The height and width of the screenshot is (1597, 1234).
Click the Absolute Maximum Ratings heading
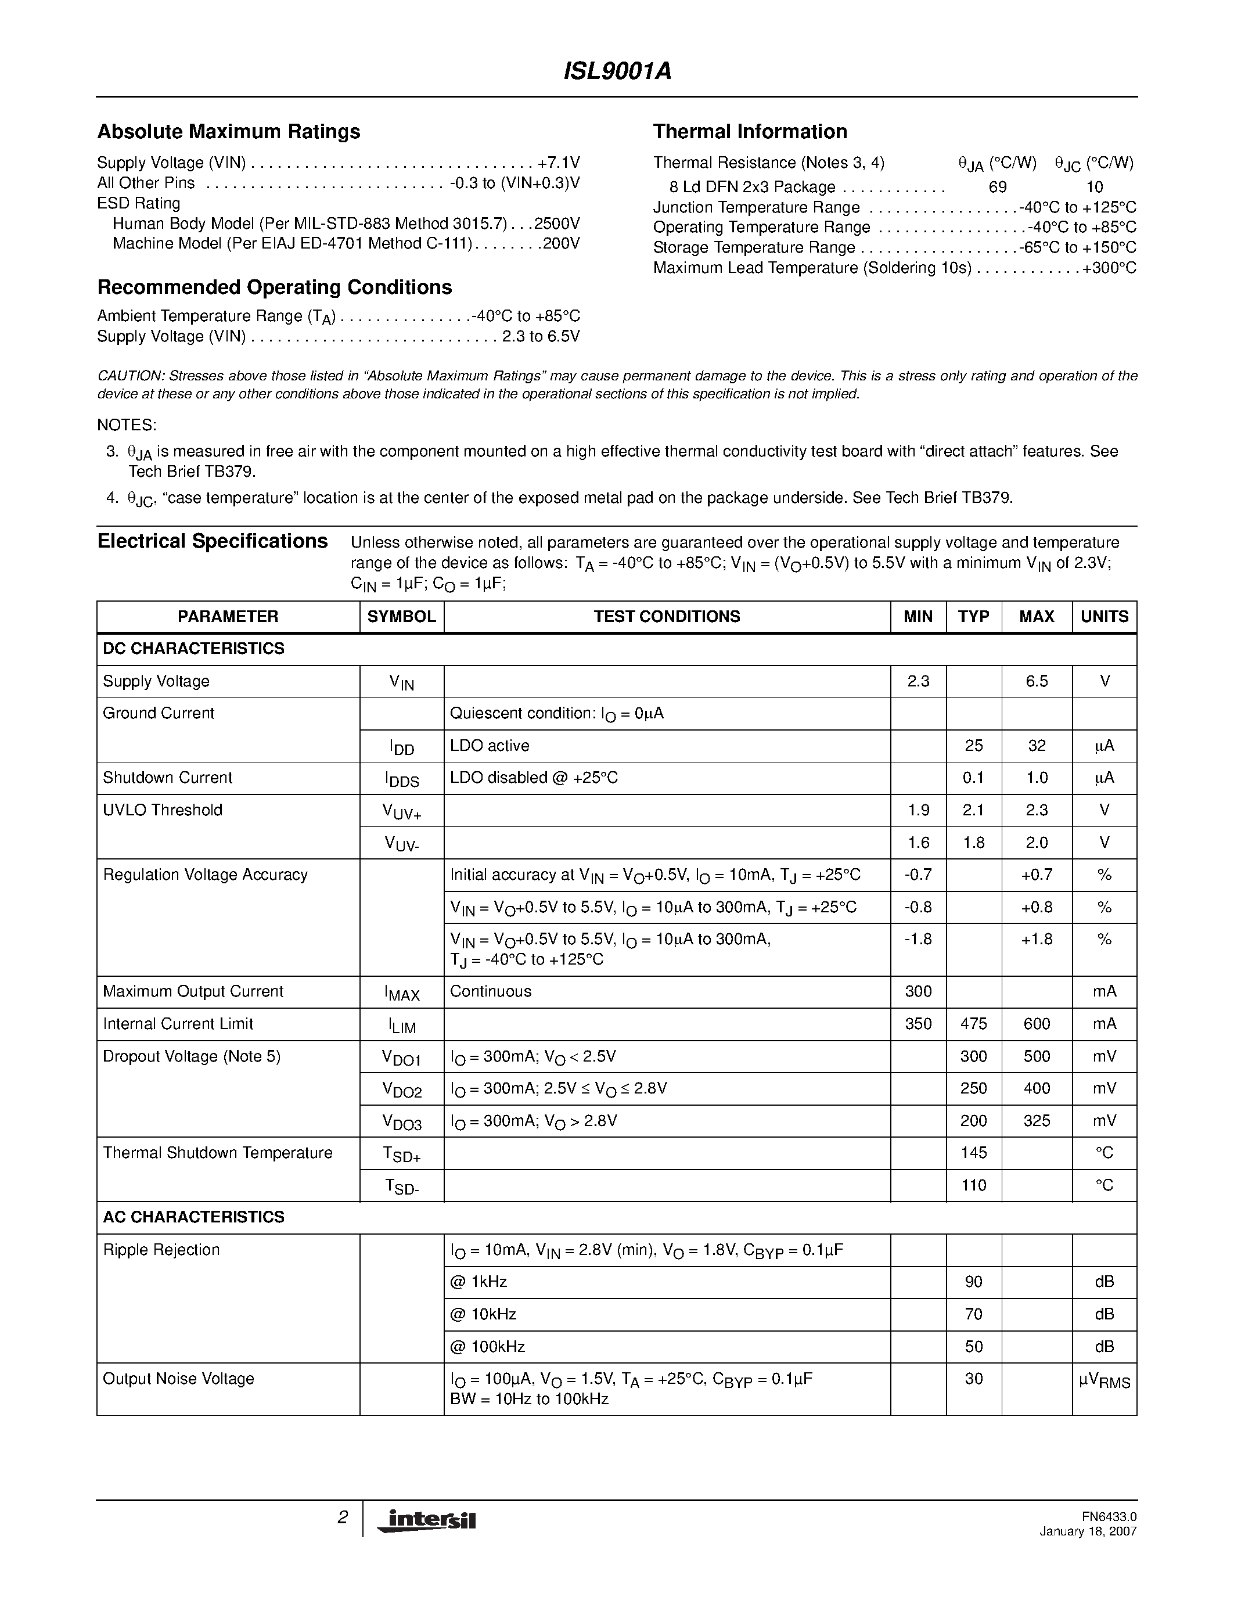click(229, 132)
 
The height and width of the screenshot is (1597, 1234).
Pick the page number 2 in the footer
click(342, 1517)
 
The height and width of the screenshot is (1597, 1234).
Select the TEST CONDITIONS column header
click(667, 616)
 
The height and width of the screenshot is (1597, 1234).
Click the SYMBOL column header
click(401, 616)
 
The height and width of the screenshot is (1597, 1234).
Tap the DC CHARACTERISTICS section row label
click(194, 649)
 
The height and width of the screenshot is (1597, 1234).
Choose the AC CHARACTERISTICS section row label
click(194, 1217)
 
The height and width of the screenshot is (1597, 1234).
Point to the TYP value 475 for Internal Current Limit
click(973, 1024)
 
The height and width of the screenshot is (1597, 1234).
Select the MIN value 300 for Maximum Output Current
click(918, 991)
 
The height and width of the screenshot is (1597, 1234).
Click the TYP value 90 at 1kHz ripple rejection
click(973, 1282)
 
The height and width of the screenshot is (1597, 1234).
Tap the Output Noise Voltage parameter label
click(178, 1379)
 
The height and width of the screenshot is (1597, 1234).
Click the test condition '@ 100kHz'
click(488, 1346)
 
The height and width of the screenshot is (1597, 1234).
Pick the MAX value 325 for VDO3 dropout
click(1036, 1120)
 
